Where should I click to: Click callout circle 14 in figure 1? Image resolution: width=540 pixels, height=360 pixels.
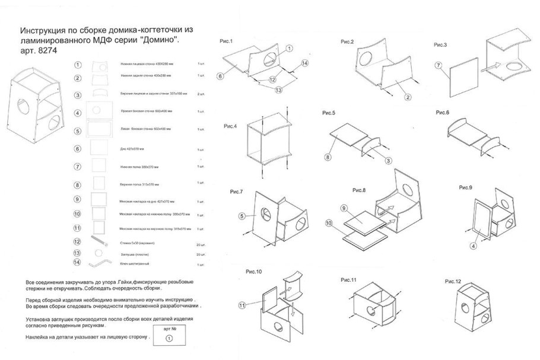point(304,63)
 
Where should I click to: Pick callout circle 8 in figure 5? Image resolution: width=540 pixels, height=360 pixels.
point(327,158)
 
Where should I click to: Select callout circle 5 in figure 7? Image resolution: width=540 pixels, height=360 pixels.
point(242,216)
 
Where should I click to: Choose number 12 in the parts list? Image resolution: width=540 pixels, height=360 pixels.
point(78,241)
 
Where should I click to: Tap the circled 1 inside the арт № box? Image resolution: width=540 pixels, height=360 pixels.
point(169,338)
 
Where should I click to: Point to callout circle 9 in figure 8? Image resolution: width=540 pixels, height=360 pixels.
point(343,208)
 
